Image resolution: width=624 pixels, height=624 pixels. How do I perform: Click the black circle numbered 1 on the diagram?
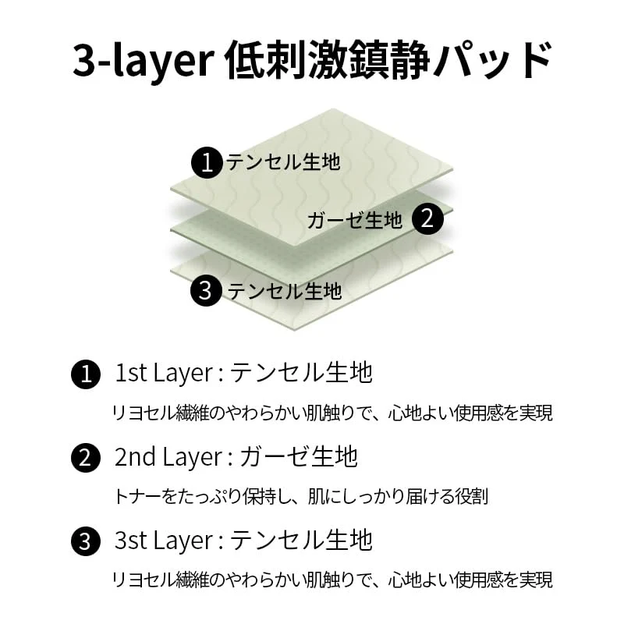(x=207, y=162)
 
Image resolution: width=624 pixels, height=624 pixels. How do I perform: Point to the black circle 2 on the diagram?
(x=427, y=218)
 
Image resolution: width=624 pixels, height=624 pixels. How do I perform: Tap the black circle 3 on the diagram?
(x=206, y=290)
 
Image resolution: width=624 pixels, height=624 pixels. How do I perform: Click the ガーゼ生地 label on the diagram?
(x=355, y=220)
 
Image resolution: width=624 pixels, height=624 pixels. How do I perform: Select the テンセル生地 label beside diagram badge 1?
(x=283, y=162)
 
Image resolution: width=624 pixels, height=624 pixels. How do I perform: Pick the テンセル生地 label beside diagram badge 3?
(x=284, y=291)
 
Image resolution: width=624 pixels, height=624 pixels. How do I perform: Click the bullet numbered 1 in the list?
(x=86, y=374)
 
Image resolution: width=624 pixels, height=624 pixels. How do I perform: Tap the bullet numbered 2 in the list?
(x=86, y=458)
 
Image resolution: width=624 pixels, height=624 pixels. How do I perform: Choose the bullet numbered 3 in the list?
(x=86, y=541)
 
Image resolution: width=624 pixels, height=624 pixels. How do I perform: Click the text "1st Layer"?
(x=164, y=374)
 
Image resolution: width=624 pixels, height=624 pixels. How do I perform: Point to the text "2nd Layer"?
(x=168, y=458)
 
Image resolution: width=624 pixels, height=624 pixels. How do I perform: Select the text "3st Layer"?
(x=164, y=541)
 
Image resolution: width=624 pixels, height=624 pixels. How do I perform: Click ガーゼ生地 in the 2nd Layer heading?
(x=299, y=456)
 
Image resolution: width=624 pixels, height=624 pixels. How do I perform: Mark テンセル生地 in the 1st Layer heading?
(x=301, y=373)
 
